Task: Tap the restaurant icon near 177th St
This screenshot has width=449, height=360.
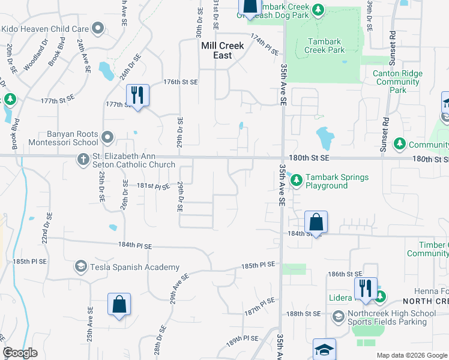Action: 137,94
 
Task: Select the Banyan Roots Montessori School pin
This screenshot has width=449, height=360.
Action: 107,138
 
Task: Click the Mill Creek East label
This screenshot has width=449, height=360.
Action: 216,50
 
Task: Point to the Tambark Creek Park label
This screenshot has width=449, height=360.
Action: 326,46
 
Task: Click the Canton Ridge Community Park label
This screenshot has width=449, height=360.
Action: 398,82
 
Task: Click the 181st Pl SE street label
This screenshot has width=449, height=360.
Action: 154,187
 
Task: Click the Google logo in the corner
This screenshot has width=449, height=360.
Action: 20,353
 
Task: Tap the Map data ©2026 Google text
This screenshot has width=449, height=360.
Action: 411,355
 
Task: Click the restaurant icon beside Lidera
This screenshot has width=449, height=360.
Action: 364,287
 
